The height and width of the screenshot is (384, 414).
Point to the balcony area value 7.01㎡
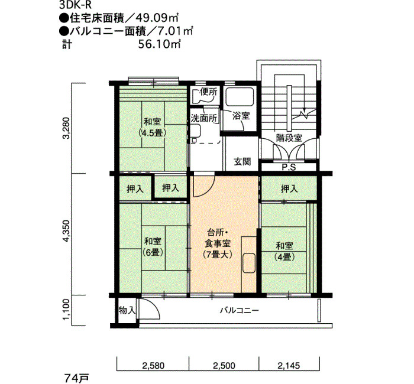coord(174,31)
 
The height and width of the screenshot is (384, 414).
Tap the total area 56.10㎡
coord(160,44)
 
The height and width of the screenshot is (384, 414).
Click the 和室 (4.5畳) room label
coord(153,127)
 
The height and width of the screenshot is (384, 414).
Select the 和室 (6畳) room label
coord(153,246)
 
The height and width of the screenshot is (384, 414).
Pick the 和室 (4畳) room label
coord(284,251)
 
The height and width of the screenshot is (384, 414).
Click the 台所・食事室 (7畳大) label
coord(218,243)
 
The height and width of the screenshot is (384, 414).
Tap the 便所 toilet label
coord(208,92)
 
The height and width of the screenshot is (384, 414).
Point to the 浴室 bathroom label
coord(241,116)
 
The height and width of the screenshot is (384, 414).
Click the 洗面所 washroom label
coord(204,118)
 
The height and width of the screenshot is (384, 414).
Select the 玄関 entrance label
coord(242,161)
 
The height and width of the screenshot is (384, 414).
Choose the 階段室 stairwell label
coord(289,138)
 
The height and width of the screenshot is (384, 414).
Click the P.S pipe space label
coord(289,167)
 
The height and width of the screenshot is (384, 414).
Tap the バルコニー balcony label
coord(240,310)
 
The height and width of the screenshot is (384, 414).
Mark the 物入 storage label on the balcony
coord(127,310)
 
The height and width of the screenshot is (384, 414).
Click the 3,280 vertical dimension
coord(66,128)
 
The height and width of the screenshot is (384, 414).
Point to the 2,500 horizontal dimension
coord(224,366)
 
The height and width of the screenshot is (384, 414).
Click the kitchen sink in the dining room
coord(249,263)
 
